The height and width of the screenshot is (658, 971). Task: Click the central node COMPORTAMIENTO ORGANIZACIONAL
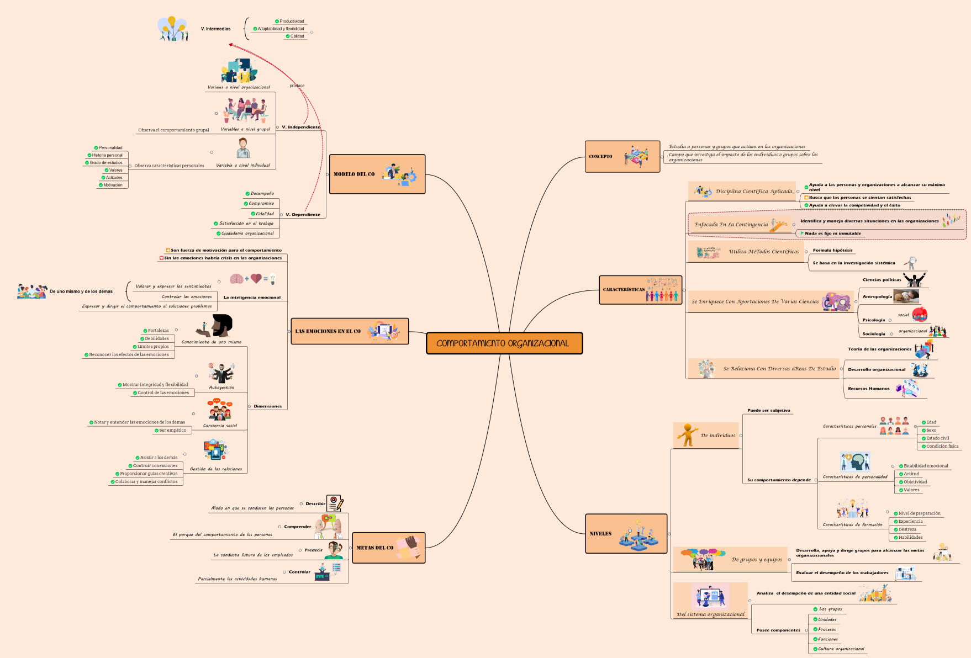pos(504,343)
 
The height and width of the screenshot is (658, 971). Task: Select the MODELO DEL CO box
pos(377,174)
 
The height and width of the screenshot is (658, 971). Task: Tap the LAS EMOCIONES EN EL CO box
pos(349,331)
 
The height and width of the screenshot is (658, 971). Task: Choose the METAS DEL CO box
pos(388,548)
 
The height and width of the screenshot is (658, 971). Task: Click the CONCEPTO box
pos(622,157)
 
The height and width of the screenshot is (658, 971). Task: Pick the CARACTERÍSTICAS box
pos(641,290)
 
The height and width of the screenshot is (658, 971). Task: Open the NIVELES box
pos(626,533)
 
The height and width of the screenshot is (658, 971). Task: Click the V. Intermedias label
pos(215,29)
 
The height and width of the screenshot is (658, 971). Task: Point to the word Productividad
pos(292,22)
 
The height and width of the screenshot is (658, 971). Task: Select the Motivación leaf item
pos(113,185)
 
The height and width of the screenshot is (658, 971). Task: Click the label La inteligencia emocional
pos(252,298)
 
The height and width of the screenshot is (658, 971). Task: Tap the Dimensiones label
pos(267,406)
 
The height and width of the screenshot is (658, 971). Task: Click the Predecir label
pos(313,550)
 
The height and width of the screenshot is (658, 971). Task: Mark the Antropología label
pos(877,296)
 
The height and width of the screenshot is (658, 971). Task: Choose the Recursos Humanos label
pos(869,389)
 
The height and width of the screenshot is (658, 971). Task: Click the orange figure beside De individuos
pos(688,435)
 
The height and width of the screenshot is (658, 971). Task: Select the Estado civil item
pos(937,438)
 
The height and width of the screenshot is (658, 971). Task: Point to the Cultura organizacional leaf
pos(841,649)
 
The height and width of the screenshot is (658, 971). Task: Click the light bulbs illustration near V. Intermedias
pos(173,28)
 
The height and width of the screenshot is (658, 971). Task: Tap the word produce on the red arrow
pos(297,86)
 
